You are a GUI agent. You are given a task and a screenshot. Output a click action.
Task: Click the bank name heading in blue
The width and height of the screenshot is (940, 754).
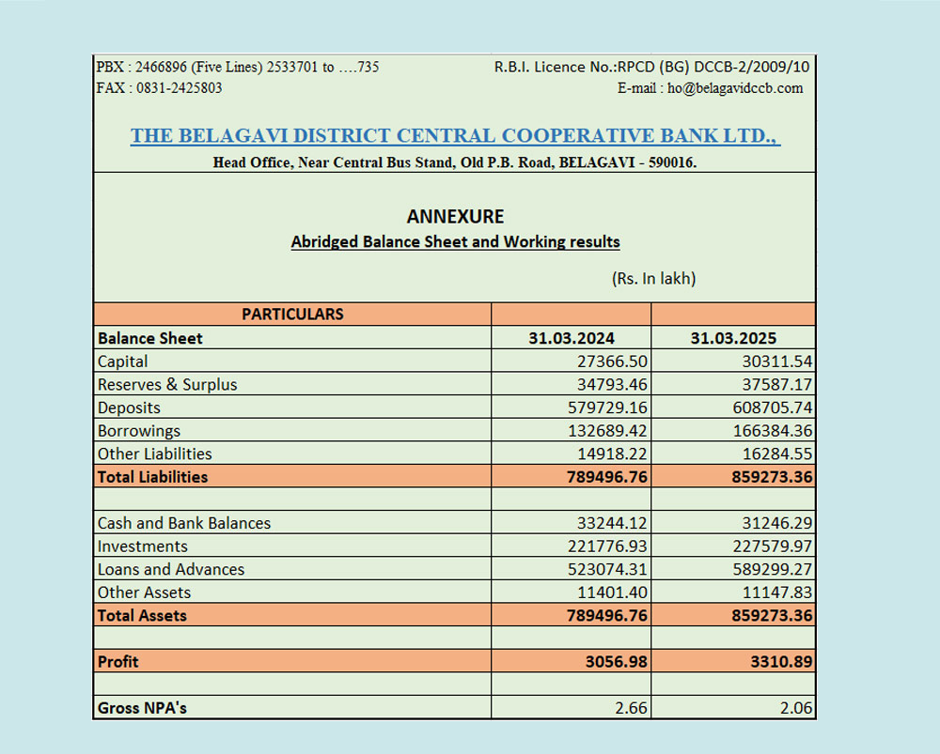click(x=455, y=136)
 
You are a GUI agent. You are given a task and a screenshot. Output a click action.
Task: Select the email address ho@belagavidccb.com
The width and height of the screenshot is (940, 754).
click(x=736, y=88)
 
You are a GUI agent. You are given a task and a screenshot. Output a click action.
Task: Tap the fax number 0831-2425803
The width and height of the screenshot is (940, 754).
click(x=180, y=88)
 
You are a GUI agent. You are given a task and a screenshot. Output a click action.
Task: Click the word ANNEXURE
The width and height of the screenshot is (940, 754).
click(x=455, y=217)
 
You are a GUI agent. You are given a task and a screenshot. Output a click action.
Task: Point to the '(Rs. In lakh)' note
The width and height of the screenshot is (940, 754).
click(x=653, y=279)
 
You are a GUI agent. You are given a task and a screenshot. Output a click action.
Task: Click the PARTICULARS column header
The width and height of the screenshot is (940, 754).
click(x=292, y=315)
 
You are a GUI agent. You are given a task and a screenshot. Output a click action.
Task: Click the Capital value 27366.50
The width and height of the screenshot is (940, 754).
click(x=612, y=362)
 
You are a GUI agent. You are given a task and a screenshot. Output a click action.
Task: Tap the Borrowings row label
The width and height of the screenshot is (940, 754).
click(x=139, y=431)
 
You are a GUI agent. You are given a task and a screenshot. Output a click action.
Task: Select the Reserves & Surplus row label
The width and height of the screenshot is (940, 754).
click(x=167, y=385)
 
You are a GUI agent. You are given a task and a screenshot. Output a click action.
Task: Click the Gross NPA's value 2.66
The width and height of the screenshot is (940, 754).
click(x=631, y=708)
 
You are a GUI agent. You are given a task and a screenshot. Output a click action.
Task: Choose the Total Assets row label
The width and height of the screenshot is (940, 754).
click(x=143, y=616)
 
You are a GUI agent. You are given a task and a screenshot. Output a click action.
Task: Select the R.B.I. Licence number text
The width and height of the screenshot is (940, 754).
click(x=651, y=68)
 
